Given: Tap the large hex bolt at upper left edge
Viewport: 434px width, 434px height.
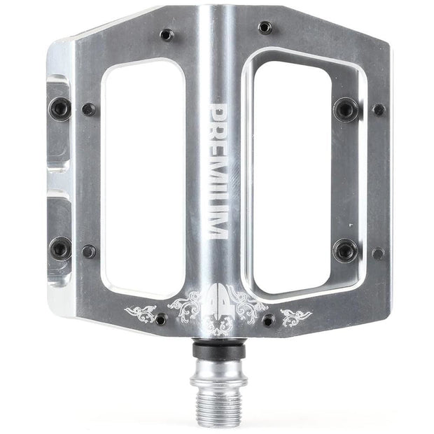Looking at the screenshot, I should coord(60,108).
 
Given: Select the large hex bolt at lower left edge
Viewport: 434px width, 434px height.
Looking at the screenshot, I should coord(60,247).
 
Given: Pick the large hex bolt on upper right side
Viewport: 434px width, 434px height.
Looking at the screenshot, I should coord(345,108).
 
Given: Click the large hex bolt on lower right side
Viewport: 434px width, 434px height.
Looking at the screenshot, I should coord(344,249).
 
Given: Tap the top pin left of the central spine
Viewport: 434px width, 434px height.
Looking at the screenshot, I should coord(166,34).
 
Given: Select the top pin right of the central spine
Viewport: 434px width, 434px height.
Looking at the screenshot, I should coord(265,27).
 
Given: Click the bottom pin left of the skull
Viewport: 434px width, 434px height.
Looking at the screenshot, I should coord(161,319).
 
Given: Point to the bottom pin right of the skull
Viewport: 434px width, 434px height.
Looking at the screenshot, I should coord(268,321).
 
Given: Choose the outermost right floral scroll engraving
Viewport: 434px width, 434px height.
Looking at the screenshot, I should coord(295,316).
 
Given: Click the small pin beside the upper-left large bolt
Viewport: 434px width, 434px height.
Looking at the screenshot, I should coord(89,109).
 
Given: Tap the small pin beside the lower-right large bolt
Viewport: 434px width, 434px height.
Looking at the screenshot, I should coord(378,253).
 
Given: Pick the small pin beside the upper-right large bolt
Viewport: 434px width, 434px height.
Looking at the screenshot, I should coord(379,110).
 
